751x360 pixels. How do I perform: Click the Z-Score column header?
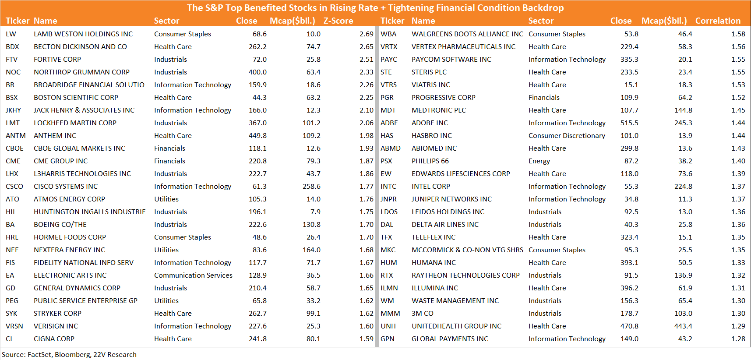pos(338,21)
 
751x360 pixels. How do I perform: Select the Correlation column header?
pos(718,21)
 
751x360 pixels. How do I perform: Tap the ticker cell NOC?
pos(13,72)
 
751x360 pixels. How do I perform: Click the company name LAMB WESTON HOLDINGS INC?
pos(83,34)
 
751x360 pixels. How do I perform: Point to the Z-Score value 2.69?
pos(367,34)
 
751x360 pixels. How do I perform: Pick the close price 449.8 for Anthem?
pos(257,135)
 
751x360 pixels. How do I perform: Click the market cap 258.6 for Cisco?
pos(311,186)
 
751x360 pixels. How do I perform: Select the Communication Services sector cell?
pos(193,275)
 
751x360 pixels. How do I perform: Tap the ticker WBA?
pos(388,34)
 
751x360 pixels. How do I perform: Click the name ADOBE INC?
pos(430,123)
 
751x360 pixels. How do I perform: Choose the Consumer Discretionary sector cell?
pos(567,135)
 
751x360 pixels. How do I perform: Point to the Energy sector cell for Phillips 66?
pos(539,161)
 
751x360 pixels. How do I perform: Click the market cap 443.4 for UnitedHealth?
pos(683,326)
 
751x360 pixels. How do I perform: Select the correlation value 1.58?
pos(738,34)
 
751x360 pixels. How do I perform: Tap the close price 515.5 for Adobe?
pos(629,123)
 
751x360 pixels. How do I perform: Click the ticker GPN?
pos(388,339)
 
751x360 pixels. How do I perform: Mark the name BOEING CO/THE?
pos(60,224)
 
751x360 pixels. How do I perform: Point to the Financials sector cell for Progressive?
pos(544,97)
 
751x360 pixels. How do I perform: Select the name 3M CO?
pos(423,313)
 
